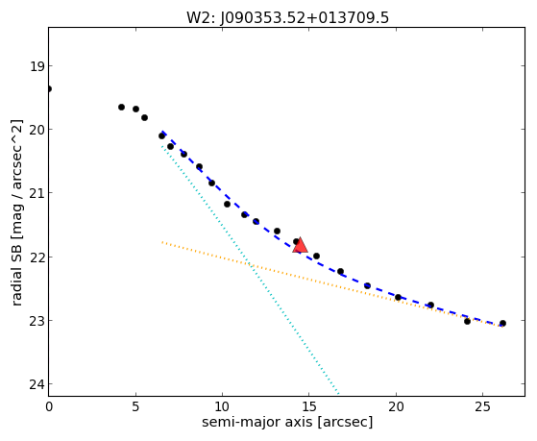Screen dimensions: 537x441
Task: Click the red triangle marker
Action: tap(300, 245)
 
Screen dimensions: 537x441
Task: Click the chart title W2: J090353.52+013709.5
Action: tap(287, 18)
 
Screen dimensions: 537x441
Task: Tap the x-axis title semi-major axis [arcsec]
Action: tap(287, 422)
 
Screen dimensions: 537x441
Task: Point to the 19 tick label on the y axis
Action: tap(37, 66)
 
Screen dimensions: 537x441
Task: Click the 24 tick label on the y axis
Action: tap(37, 384)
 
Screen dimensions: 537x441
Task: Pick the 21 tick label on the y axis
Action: tap(37, 193)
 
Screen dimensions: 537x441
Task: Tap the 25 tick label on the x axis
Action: tap(482, 407)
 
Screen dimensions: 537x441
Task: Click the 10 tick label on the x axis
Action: tap(222, 407)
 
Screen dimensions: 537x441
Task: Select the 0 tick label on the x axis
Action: tap(49, 407)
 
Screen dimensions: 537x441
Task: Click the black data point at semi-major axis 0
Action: tap(49, 89)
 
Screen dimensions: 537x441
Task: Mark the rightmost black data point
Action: tap(502, 323)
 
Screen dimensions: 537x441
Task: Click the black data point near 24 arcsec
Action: tap(467, 321)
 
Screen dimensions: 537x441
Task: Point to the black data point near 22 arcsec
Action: tap(430, 305)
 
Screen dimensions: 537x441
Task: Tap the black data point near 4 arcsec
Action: tap(121, 107)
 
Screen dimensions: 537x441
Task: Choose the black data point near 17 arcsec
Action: tap(340, 271)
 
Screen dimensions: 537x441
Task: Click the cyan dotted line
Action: tap(251, 270)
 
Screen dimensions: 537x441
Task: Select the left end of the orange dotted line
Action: tap(162, 242)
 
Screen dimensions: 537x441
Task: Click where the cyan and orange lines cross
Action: tap(251, 264)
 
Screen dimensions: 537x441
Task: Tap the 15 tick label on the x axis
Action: tap(309, 407)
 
